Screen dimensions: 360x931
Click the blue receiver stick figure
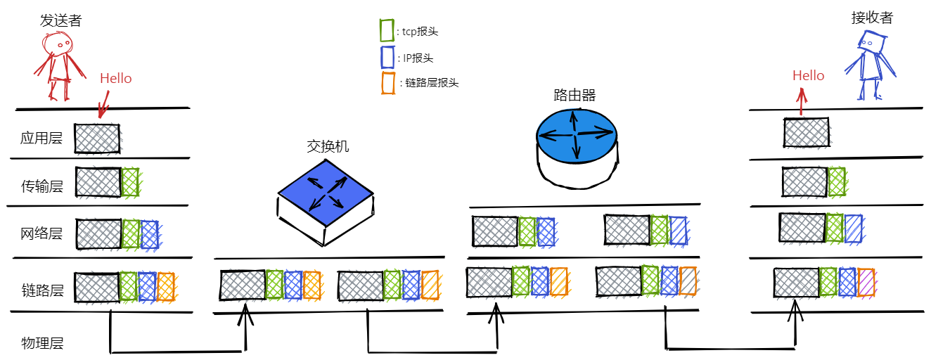point(871,67)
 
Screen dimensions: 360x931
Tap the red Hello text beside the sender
point(115,78)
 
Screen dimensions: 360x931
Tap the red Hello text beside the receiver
point(808,75)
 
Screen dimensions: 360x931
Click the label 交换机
point(328,146)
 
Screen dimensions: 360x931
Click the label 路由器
point(574,96)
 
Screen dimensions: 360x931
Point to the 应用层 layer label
point(41,138)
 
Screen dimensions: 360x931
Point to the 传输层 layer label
point(42,186)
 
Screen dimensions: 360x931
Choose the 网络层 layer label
point(42,233)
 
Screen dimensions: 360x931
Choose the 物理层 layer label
point(42,343)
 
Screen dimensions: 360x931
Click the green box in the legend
point(385,30)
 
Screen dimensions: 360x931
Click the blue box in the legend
point(385,57)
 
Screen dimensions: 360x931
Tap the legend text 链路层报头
point(432,83)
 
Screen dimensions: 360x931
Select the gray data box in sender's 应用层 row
point(97,138)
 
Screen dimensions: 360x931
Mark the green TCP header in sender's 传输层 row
point(130,181)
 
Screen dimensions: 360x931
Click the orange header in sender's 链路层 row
point(165,286)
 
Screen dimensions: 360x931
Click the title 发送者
point(60,20)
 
